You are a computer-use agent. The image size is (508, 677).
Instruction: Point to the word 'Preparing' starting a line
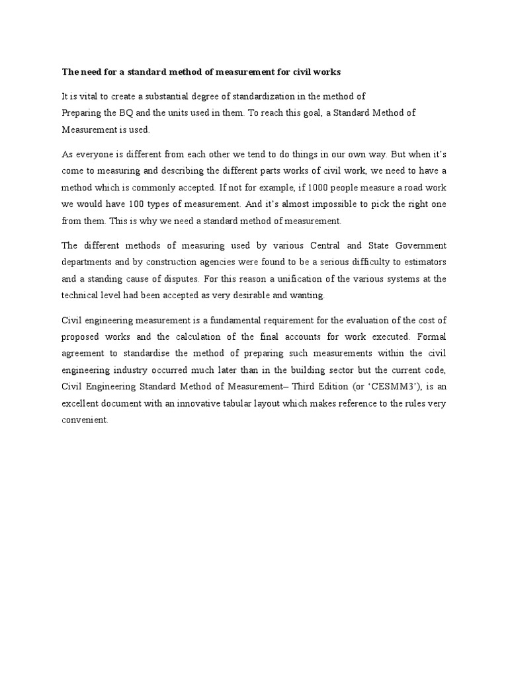point(82,113)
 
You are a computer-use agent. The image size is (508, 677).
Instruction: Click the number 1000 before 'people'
point(297,187)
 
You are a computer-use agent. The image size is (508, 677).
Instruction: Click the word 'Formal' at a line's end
point(431,337)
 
